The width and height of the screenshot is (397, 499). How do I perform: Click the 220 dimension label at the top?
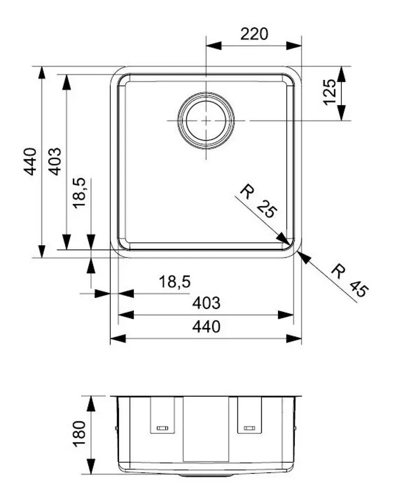tap(254, 34)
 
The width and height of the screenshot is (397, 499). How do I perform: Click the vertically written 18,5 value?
tap(79, 193)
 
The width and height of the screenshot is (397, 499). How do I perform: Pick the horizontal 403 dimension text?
tap(206, 303)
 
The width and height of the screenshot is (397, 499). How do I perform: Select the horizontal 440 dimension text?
tap(206, 327)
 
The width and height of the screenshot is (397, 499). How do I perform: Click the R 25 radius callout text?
tap(258, 201)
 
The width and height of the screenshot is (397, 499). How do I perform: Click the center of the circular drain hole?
tap(206, 120)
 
